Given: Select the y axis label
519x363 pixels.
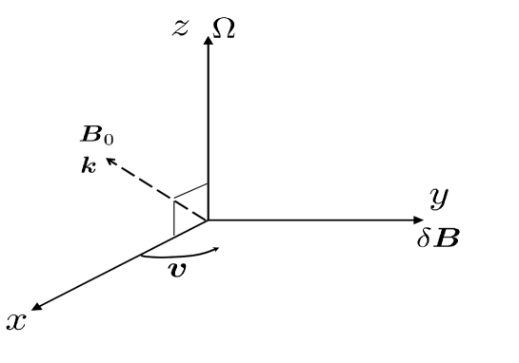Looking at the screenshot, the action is pyautogui.click(x=440, y=198).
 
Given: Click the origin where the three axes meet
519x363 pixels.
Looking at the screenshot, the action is pyautogui.click(x=208, y=220).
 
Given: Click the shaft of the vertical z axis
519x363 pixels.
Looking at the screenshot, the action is pyautogui.click(x=208, y=124).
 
